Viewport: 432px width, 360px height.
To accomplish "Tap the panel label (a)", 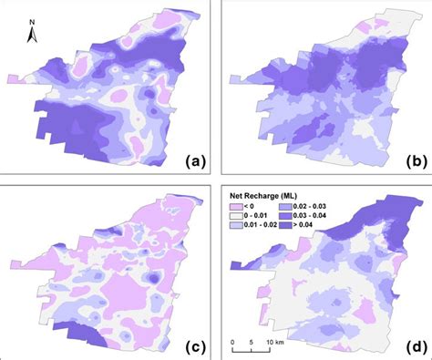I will point(195,162).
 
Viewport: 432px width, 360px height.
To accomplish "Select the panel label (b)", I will point(412,162).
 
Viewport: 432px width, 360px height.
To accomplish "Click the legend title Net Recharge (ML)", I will point(268,195).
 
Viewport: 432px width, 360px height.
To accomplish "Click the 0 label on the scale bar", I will point(233,344).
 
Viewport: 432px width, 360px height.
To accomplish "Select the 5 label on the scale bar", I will point(250,344).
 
